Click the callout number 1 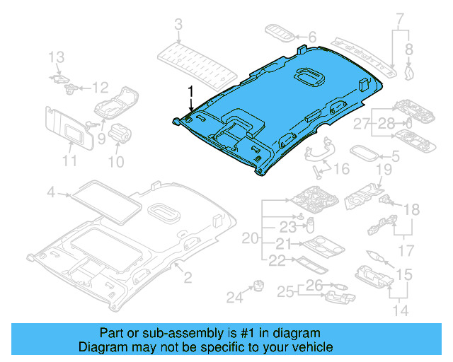(190, 90)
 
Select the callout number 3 (178, 26)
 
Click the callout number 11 (69, 163)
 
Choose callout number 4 (51, 192)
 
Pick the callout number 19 (383, 170)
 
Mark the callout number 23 (286, 228)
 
